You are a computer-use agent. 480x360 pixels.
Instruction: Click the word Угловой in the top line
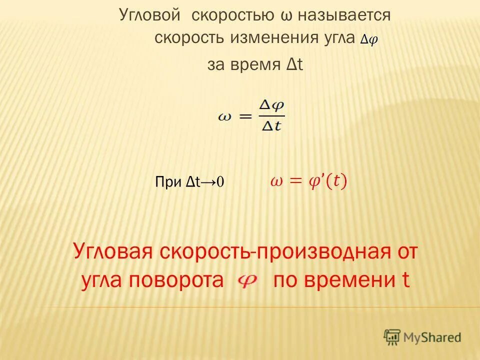click(149, 15)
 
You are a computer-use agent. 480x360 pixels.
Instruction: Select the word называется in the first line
click(344, 15)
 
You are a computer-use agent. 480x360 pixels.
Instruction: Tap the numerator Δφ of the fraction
click(272, 106)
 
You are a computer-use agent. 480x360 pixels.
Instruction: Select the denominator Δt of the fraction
click(271, 125)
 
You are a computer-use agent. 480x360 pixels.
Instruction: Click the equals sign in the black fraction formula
click(244, 115)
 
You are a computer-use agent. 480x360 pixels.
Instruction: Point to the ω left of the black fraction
click(225, 116)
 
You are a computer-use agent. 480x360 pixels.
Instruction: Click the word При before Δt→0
click(169, 182)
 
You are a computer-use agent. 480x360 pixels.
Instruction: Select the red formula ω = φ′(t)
click(308, 181)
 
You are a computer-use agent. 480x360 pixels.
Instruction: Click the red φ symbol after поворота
click(247, 281)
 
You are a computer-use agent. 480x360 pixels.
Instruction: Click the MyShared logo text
click(432, 337)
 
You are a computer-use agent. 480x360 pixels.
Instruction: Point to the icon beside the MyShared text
click(392, 337)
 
